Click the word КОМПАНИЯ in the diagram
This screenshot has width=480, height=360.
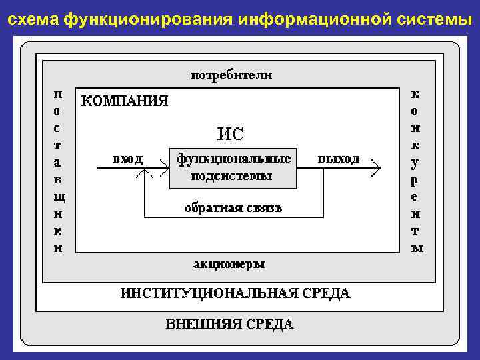click(124, 101)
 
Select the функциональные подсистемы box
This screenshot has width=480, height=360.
click(233, 167)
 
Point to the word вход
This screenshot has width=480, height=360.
click(127, 159)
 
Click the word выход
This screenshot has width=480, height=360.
click(339, 159)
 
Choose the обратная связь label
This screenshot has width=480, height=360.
click(233, 208)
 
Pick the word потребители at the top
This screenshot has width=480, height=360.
click(232, 75)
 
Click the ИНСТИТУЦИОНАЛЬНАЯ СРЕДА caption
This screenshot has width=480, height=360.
click(235, 293)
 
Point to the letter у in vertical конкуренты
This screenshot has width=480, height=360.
click(415, 162)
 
